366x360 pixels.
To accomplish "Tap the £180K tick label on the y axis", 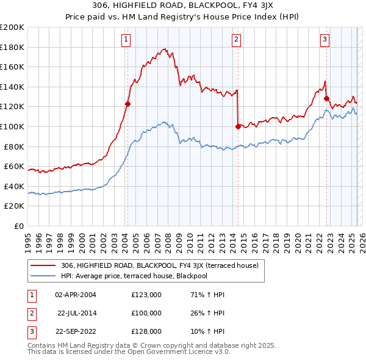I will coord(12,47).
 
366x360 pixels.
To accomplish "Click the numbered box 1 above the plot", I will coord(126,40).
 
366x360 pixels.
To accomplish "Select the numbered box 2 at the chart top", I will coord(236,40).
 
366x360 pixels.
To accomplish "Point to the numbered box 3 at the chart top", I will coord(325,40).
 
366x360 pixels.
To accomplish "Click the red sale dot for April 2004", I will coord(127,104).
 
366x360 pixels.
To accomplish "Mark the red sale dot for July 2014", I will coord(238,126).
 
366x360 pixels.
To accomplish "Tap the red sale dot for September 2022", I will coord(326,98).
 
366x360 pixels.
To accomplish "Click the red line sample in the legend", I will coord(43,265).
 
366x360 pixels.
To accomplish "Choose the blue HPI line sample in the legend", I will coord(43,276).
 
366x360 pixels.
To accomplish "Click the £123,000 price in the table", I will coord(146,295).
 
